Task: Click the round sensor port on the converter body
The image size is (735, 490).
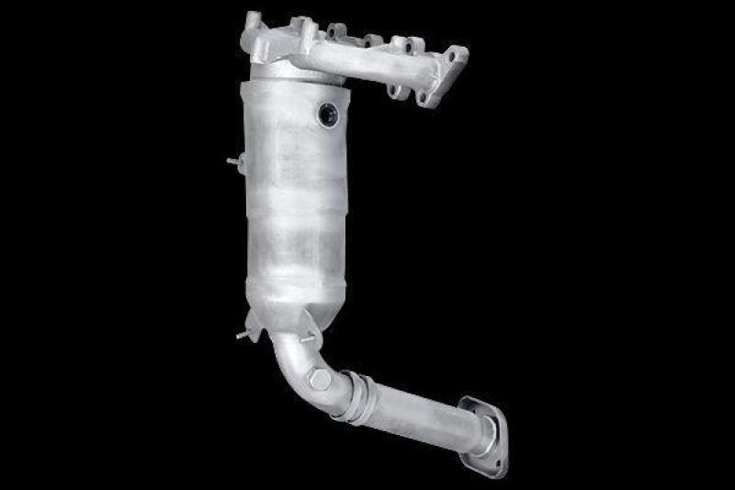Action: pyautogui.click(x=328, y=114)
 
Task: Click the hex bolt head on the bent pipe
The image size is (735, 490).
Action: pyautogui.click(x=319, y=377)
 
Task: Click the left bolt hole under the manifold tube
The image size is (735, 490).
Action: pyautogui.click(x=393, y=89)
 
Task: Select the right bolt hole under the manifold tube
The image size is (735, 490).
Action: pyautogui.click(x=423, y=96)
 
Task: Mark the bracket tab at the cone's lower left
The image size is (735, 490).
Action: pyautogui.click(x=254, y=322)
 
